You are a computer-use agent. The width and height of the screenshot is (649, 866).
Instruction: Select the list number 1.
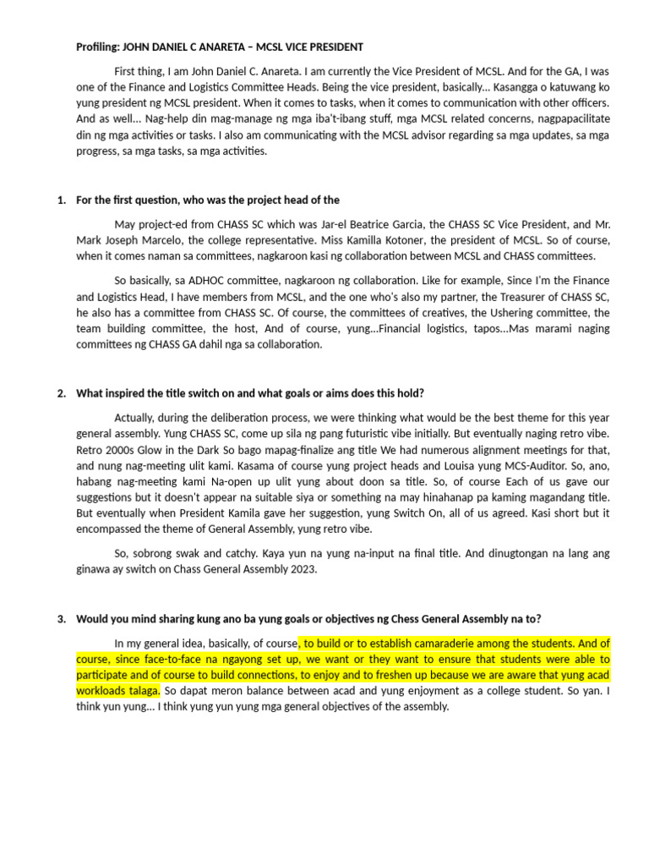click(61, 200)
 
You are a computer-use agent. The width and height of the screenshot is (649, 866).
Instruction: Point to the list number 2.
click(61, 393)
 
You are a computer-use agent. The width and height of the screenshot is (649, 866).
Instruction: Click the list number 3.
click(61, 618)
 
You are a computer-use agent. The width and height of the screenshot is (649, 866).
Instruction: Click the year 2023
click(301, 569)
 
